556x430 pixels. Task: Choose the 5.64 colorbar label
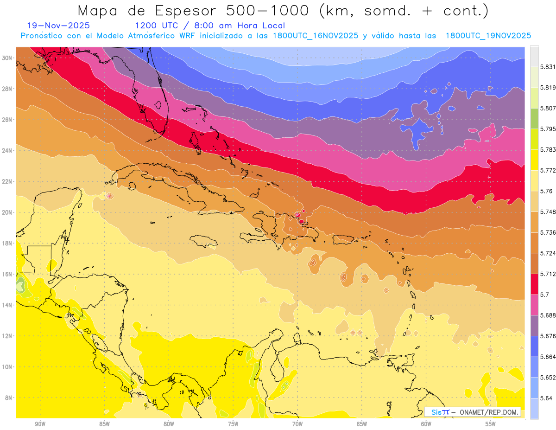545,398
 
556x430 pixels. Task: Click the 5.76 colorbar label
545,191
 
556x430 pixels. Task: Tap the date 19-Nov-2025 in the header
58,26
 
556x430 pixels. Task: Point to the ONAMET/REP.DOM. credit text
489,412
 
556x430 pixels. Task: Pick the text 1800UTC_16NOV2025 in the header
316,36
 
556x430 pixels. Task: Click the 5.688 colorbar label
547,315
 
